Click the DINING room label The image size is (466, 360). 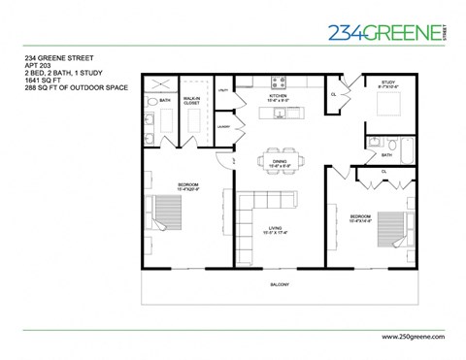click(x=279, y=162)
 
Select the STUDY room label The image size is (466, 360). click(x=388, y=83)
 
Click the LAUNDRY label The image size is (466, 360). click(x=222, y=126)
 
